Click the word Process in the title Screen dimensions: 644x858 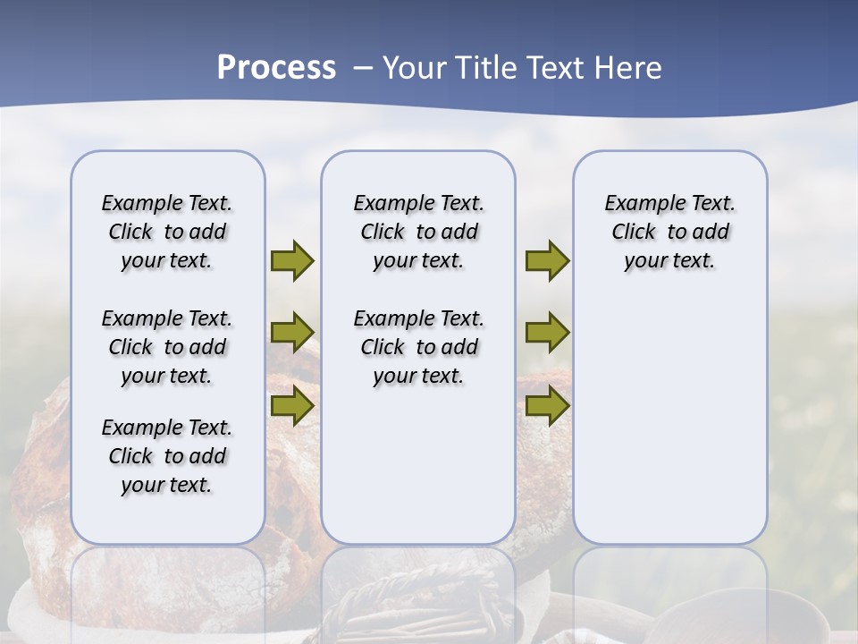(x=276, y=67)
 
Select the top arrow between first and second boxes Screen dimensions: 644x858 (x=292, y=260)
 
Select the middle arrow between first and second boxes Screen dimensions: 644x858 (x=292, y=333)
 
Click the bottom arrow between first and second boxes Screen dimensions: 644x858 (x=292, y=405)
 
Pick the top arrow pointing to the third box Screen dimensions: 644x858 (x=547, y=260)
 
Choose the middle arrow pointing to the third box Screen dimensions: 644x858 (x=547, y=333)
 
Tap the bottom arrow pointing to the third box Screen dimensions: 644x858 (x=547, y=405)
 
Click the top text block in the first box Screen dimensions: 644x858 (x=167, y=232)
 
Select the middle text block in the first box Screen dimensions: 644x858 (x=167, y=347)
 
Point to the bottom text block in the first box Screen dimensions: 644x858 (x=167, y=456)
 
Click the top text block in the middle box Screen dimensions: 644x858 (x=418, y=232)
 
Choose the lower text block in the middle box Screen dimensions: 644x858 (x=418, y=347)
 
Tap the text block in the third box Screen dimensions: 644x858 (x=669, y=232)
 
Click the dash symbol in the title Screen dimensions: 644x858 (x=364, y=68)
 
